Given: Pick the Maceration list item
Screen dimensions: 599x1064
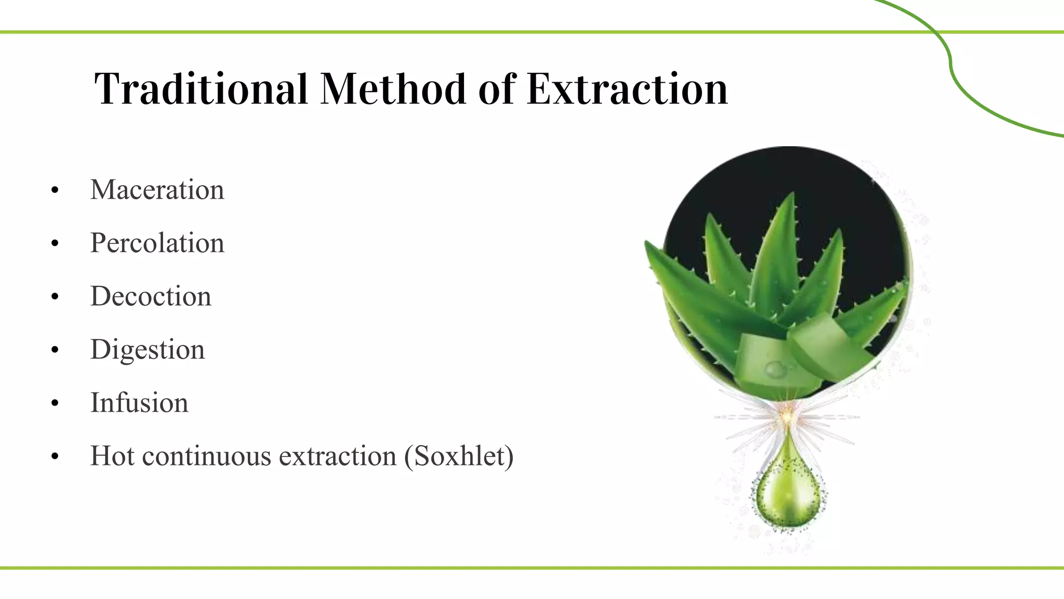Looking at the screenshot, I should tap(157, 189).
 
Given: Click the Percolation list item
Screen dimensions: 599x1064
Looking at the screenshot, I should tap(157, 243).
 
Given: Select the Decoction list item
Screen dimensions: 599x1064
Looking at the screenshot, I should tap(151, 296).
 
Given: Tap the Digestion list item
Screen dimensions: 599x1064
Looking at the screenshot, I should tap(148, 349).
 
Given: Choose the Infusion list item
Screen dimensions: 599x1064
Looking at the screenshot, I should tap(139, 402).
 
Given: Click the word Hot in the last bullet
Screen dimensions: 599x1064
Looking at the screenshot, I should tap(112, 456).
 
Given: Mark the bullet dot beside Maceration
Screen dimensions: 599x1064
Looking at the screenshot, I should tap(55, 191).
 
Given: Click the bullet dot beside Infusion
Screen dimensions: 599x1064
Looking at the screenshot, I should tap(55, 404).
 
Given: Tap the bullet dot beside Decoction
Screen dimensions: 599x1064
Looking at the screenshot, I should tap(55, 297).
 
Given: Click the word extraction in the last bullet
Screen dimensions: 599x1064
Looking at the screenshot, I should tap(338, 456).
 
